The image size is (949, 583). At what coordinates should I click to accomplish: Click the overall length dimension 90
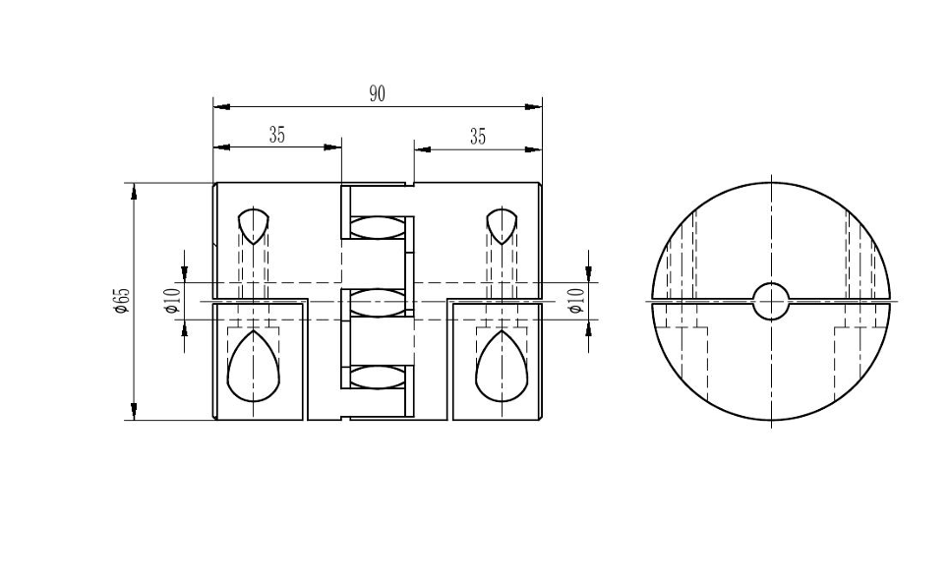pyautogui.click(x=377, y=94)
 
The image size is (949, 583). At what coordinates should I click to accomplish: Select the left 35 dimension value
pyautogui.click(x=276, y=135)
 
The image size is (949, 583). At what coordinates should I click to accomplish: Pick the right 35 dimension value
pyautogui.click(x=478, y=138)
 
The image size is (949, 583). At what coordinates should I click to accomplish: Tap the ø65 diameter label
pyautogui.click(x=122, y=300)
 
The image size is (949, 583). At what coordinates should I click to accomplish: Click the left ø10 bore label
pyautogui.click(x=172, y=300)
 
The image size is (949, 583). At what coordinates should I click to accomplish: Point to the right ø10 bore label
pyautogui.click(x=577, y=300)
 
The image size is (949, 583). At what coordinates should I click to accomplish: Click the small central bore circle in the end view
pyautogui.click(x=771, y=301)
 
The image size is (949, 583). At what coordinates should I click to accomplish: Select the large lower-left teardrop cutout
pyautogui.click(x=253, y=367)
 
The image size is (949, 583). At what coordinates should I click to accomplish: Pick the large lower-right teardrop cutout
pyautogui.click(x=502, y=367)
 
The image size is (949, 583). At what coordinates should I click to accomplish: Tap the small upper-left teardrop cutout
pyautogui.click(x=253, y=225)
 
